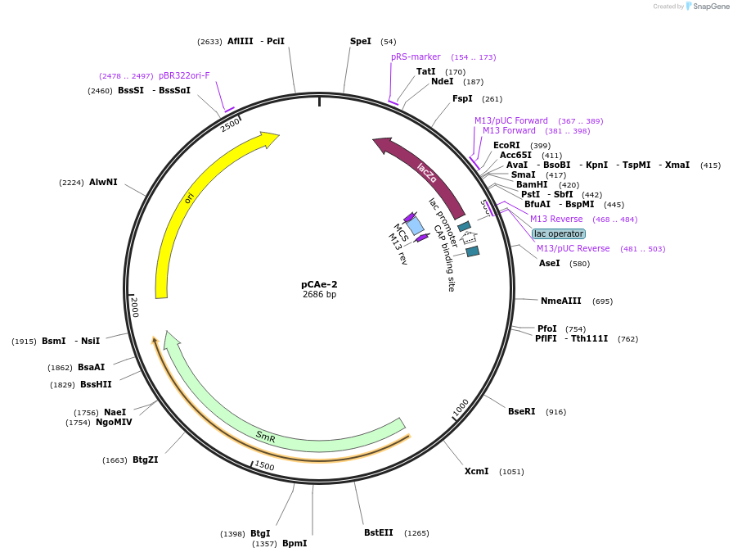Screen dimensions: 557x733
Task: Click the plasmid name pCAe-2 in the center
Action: click(319, 284)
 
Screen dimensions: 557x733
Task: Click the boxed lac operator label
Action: click(559, 233)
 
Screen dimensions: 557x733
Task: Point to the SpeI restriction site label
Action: click(361, 41)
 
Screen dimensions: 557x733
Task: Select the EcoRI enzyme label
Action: click(506, 145)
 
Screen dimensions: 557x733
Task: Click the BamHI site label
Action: click(532, 184)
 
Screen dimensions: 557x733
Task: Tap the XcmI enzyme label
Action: click(477, 471)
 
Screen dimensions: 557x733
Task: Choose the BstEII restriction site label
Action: click(379, 532)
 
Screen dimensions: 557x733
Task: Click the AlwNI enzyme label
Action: click(103, 182)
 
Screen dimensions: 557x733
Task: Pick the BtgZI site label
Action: click(145, 460)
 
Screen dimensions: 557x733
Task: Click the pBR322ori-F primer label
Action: click(184, 75)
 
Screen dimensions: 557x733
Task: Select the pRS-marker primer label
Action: click(416, 57)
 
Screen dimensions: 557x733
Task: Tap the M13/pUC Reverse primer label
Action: click(573, 248)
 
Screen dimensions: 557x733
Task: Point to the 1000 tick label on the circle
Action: click(461, 407)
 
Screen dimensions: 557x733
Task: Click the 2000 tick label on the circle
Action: click(134, 307)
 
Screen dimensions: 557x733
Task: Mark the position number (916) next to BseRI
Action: click(555, 412)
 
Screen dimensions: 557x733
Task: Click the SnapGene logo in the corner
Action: click(707, 7)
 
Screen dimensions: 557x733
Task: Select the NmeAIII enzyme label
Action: click(561, 301)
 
